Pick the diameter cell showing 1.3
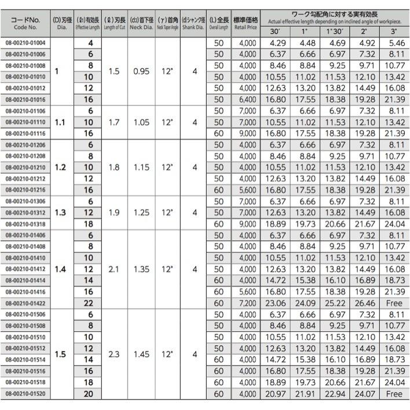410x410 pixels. pyautogui.click(x=60, y=213)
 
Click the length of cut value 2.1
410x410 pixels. pyautogui.click(x=114, y=269)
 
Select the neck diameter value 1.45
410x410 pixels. pyautogui.click(x=140, y=354)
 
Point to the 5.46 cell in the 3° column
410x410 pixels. pyautogui.click(x=394, y=43)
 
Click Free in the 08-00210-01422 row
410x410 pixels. pyautogui.click(x=394, y=303)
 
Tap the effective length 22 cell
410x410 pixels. pyautogui.click(x=89, y=303)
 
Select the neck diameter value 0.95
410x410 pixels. pyautogui.click(x=140, y=71)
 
